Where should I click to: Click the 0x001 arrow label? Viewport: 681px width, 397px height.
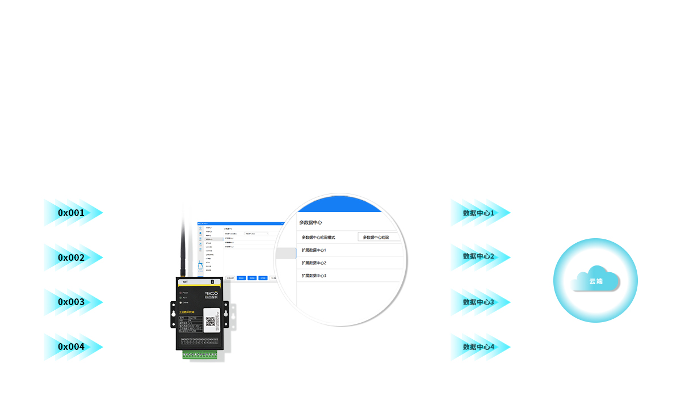pos(71,213)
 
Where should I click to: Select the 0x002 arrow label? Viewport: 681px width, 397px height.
pos(71,257)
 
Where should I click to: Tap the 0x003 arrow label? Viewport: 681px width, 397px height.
pos(71,302)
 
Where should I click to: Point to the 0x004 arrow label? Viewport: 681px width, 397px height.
pos(71,347)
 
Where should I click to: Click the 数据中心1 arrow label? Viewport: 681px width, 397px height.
pos(478,213)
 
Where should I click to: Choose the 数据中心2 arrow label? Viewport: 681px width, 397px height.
pos(478,257)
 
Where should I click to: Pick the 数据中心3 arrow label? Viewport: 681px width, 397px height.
pos(478,302)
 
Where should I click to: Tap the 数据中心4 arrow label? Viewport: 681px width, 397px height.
pos(478,347)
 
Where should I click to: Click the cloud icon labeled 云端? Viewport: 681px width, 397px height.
pos(595,280)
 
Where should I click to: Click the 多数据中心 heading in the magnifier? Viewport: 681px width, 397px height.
pos(310,222)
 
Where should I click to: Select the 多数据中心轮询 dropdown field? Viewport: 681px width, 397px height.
pos(379,237)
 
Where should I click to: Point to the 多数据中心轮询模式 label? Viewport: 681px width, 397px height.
pos(318,237)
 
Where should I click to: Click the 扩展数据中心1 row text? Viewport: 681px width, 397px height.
pos(314,250)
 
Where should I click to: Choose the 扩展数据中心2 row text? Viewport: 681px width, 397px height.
pos(314,263)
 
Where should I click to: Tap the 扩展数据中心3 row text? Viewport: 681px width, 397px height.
pos(314,276)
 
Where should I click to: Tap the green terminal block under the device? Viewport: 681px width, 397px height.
pos(199,356)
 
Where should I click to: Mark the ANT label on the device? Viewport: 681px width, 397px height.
pos(186,281)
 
